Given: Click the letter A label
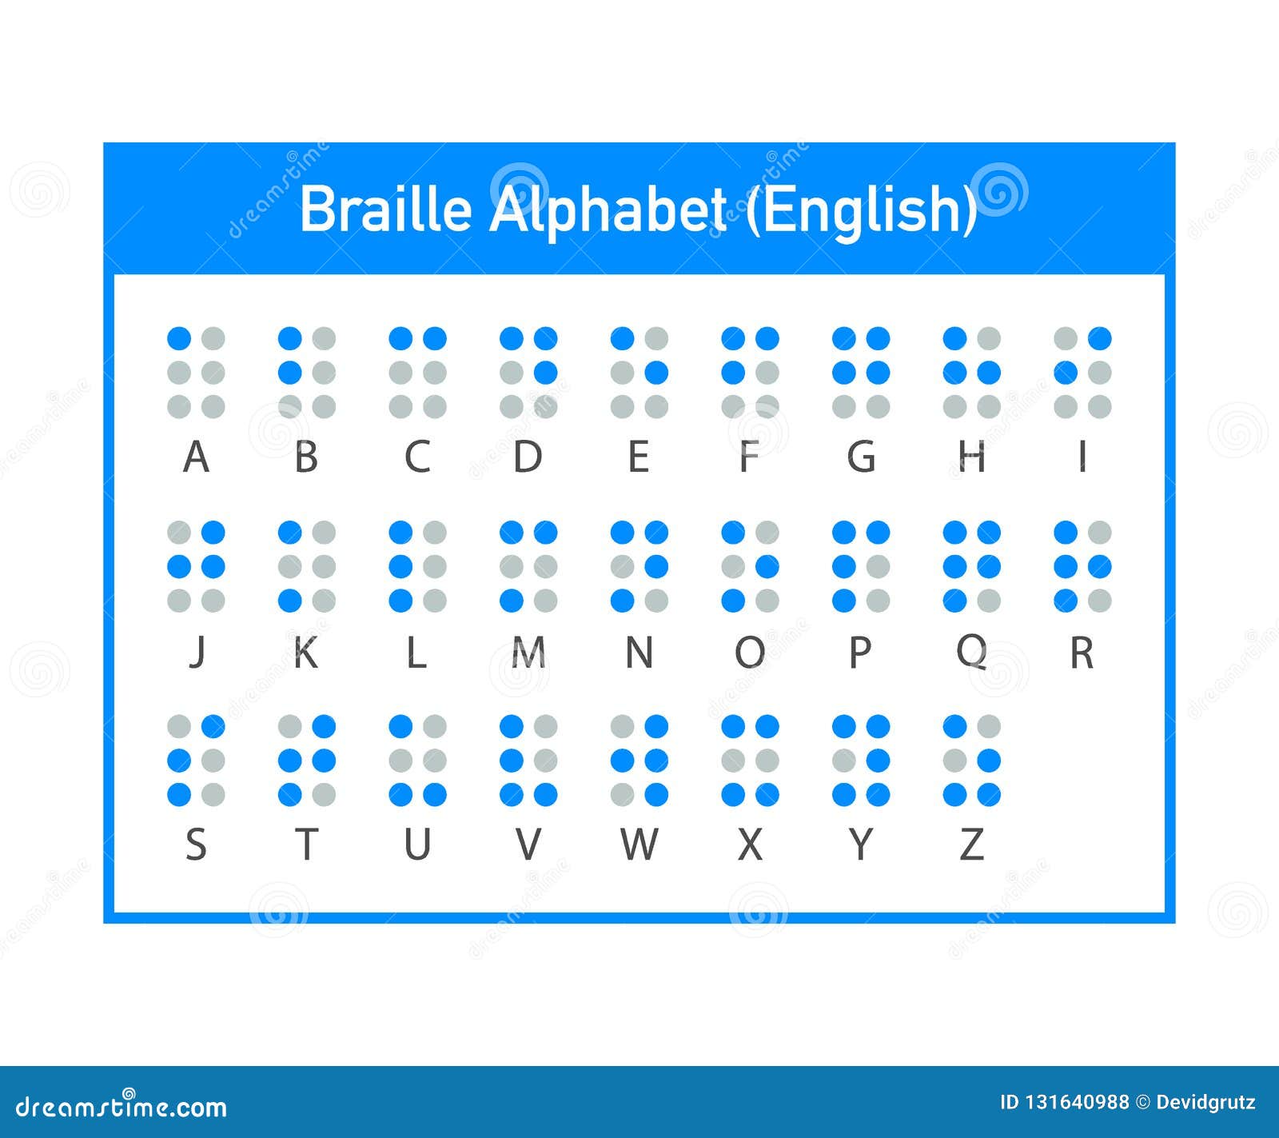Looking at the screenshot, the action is [196, 457].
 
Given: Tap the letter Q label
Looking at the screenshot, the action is [971, 653].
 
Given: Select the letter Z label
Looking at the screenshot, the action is [971, 844].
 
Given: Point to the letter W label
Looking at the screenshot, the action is [639, 844].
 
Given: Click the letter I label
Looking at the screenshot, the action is [1082, 457].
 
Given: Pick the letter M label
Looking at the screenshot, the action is [528, 653].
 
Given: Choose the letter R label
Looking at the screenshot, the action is [1082, 653].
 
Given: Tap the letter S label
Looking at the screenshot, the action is [196, 844].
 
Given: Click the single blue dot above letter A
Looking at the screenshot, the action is [179, 338].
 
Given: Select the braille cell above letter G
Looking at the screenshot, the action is [861, 373].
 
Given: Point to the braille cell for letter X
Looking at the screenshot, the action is [750, 761].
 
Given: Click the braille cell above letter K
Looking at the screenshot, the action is [307, 566].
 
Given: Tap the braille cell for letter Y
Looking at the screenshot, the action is [861, 761].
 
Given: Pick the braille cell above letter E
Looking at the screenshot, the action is [639, 373].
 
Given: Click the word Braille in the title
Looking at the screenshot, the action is [386, 210].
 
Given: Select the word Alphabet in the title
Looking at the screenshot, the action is [608, 211].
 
